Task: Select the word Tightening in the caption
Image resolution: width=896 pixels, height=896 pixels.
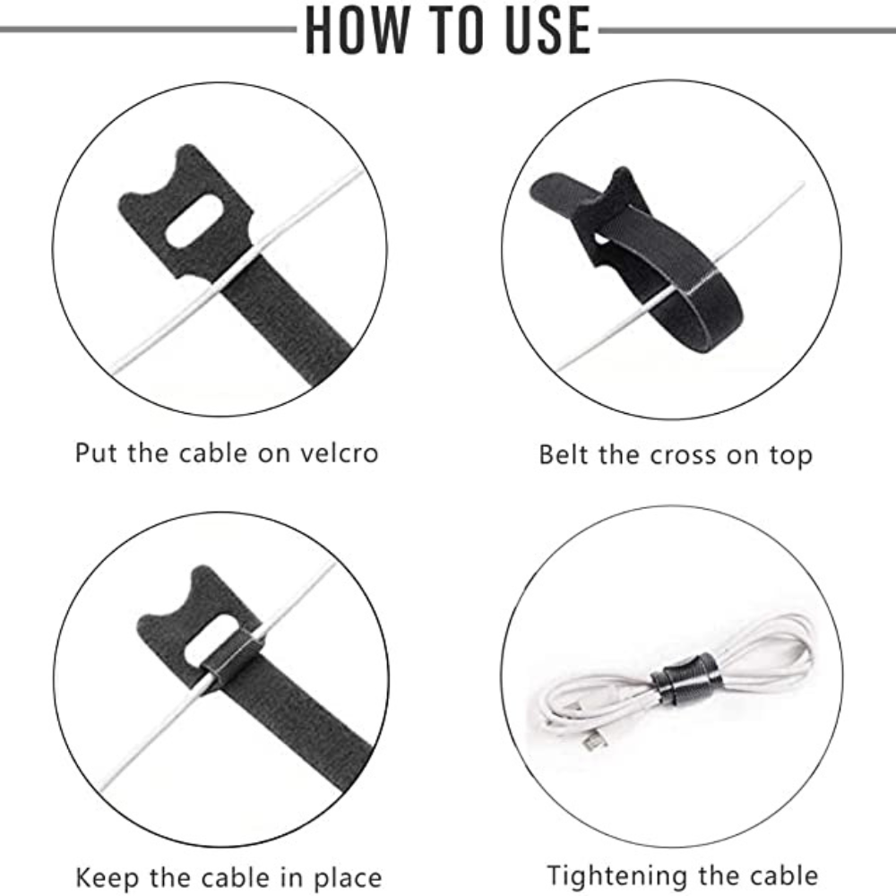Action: click(613, 876)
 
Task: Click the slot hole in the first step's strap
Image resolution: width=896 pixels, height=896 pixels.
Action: click(194, 221)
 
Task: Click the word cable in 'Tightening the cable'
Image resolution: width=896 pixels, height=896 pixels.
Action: click(784, 876)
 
